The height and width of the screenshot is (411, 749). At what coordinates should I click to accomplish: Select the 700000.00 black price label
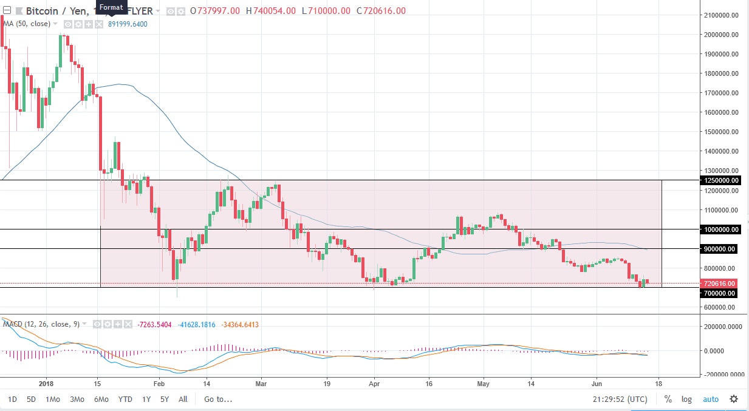(721, 293)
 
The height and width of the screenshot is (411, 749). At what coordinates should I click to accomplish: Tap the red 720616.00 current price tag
(719, 284)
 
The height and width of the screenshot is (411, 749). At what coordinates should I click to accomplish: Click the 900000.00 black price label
(721, 249)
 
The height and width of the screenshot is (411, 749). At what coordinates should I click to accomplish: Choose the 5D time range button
(32, 399)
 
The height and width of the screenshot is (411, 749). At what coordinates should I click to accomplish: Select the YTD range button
(125, 399)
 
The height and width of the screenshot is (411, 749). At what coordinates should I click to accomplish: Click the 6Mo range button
(101, 399)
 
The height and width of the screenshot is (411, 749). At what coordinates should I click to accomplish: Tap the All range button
(183, 399)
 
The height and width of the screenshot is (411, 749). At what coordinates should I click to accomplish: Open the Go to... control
(218, 399)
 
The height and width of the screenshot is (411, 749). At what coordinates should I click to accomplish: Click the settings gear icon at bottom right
(734, 399)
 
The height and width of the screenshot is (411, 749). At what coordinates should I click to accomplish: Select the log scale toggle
(686, 399)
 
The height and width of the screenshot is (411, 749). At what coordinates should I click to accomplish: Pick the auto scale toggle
(711, 399)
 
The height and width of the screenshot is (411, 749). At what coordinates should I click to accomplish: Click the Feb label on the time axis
(159, 384)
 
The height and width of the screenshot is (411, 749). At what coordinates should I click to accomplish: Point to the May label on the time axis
(484, 384)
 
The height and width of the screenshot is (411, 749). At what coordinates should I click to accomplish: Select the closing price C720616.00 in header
(381, 11)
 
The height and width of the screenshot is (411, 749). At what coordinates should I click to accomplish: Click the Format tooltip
(112, 7)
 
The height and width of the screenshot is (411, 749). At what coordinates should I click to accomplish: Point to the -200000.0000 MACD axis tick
(723, 375)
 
